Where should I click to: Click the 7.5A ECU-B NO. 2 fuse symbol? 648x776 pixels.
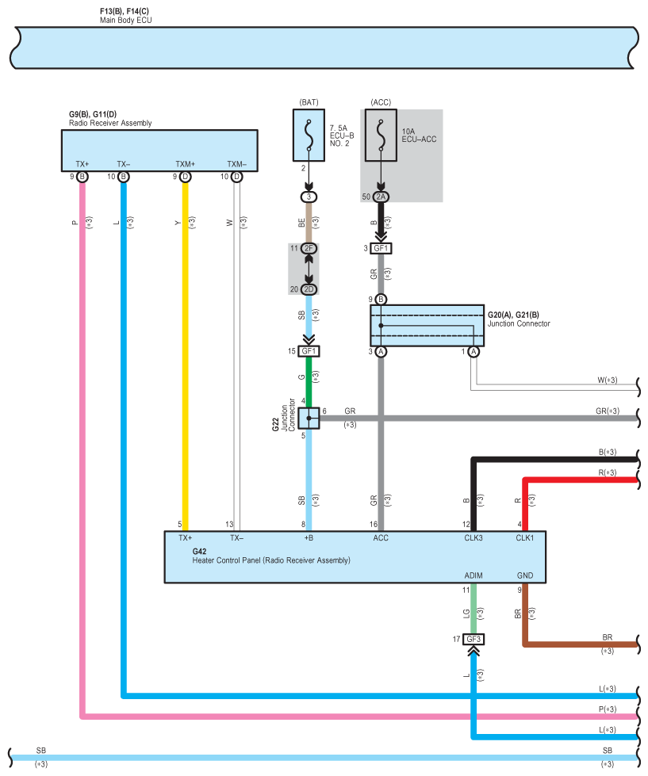[x=308, y=136]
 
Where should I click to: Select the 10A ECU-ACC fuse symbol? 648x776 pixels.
[x=382, y=136]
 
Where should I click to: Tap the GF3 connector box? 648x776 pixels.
[x=474, y=638]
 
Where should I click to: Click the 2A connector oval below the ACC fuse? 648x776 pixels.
[x=382, y=197]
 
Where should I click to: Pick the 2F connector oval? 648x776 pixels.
[x=308, y=248]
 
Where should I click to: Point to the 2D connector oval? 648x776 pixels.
[x=308, y=289]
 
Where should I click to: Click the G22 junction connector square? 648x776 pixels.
[x=309, y=417]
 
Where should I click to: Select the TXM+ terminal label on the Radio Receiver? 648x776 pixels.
[x=185, y=165]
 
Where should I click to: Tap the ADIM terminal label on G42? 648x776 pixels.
[x=474, y=575]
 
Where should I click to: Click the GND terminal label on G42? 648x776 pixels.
[x=525, y=575]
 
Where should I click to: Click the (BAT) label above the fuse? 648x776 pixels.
[x=308, y=102]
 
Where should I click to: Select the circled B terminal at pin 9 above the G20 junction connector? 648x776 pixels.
[x=381, y=299]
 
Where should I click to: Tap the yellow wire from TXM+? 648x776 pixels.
[x=185, y=357]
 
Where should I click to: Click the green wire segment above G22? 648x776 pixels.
[x=309, y=380]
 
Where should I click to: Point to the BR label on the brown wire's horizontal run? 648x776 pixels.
[x=607, y=636]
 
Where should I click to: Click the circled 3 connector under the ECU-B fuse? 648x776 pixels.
[x=308, y=197]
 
